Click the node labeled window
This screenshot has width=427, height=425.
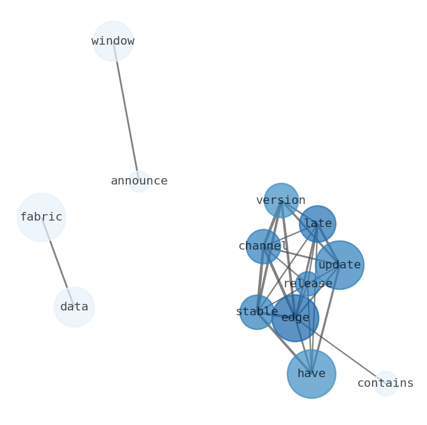[x=113, y=41]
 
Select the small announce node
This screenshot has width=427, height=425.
[x=139, y=181]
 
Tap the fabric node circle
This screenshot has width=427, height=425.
[x=41, y=217]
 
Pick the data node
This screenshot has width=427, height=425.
[x=74, y=307]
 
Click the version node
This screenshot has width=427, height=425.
[x=281, y=201]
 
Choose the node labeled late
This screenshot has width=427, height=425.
[x=317, y=224]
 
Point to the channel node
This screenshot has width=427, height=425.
[x=264, y=246]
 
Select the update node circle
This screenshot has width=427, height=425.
[x=339, y=265]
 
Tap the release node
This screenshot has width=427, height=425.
[x=308, y=284]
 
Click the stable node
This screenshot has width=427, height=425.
[x=257, y=312]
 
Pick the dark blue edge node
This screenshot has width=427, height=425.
[x=295, y=318]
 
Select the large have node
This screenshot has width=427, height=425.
[x=311, y=374]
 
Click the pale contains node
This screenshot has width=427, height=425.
[x=386, y=384]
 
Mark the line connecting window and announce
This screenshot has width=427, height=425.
[x=126, y=111]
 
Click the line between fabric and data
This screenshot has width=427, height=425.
[x=58, y=262]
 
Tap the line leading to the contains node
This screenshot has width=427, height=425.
[x=340, y=351]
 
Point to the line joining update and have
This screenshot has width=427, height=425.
[x=326, y=320]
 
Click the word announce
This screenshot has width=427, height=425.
[x=139, y=181]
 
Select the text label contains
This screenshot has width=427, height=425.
[x=386, y=383]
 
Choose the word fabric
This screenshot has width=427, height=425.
[x=41, y=217]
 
